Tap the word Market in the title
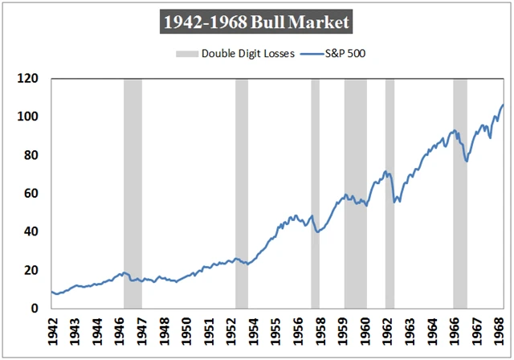pos(321,22)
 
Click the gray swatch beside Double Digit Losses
pos(186,55)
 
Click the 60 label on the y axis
pos(31,193)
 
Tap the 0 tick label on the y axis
pos(35,308)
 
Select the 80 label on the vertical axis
pos(31,155)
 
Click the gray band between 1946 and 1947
pos(133,193)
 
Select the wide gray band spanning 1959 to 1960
pos(355,193)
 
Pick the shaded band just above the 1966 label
pos(460,193)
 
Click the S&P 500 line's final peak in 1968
pos(503,104)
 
